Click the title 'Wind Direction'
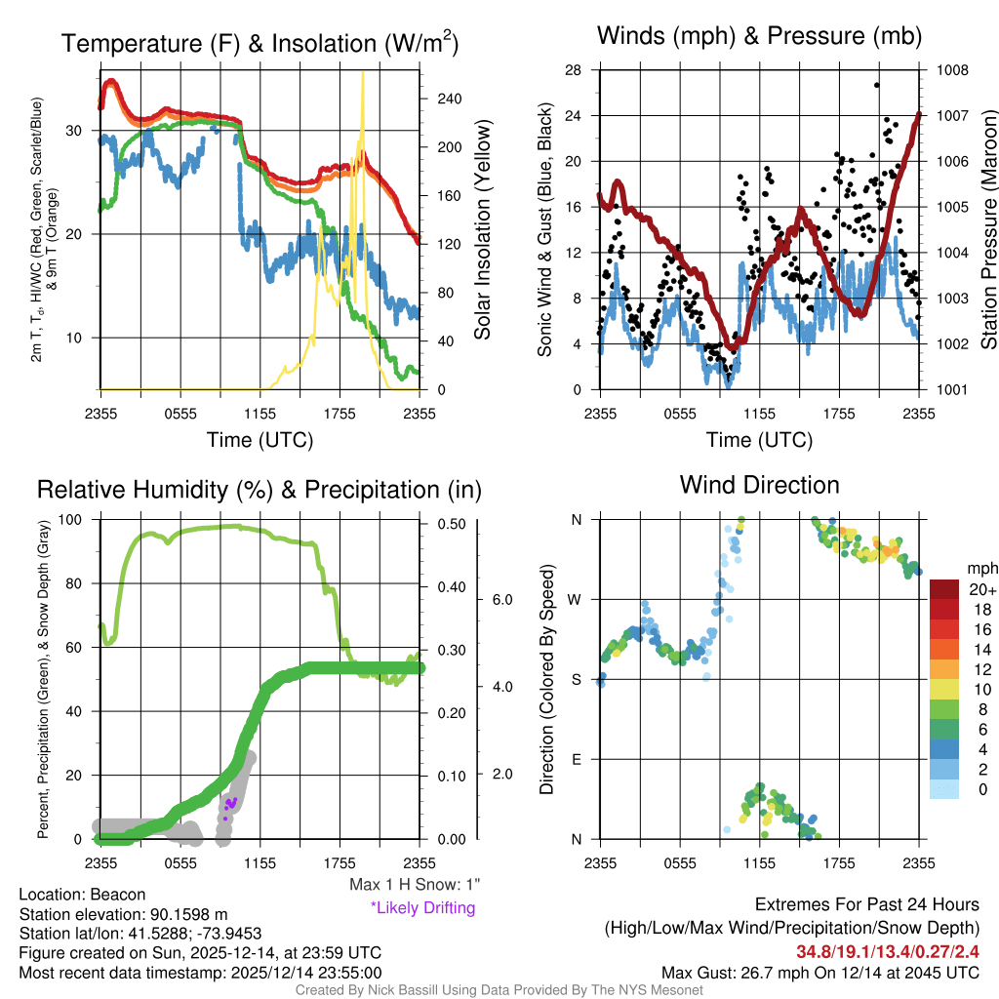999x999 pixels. pos(759,485)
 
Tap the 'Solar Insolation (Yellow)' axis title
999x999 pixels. pos(482,230)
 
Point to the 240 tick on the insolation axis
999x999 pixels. pos(449,100)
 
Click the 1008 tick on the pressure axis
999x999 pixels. pos(951,70)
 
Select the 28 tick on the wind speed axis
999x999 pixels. pos(574,70)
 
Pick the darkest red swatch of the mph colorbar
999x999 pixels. pos(944,589)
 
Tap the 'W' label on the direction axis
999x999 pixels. pos(577,599)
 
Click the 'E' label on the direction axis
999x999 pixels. pos(577,759)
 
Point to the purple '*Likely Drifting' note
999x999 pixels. pos(422,907)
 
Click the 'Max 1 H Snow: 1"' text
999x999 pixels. pos(415,885)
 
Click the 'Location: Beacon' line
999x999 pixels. pos(82,895)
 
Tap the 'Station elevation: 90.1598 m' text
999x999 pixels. pos(124,914)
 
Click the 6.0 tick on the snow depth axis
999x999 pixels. pos(501,599)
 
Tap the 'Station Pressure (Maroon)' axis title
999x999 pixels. pos(986,230)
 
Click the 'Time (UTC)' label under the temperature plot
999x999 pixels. pos(260,440)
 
